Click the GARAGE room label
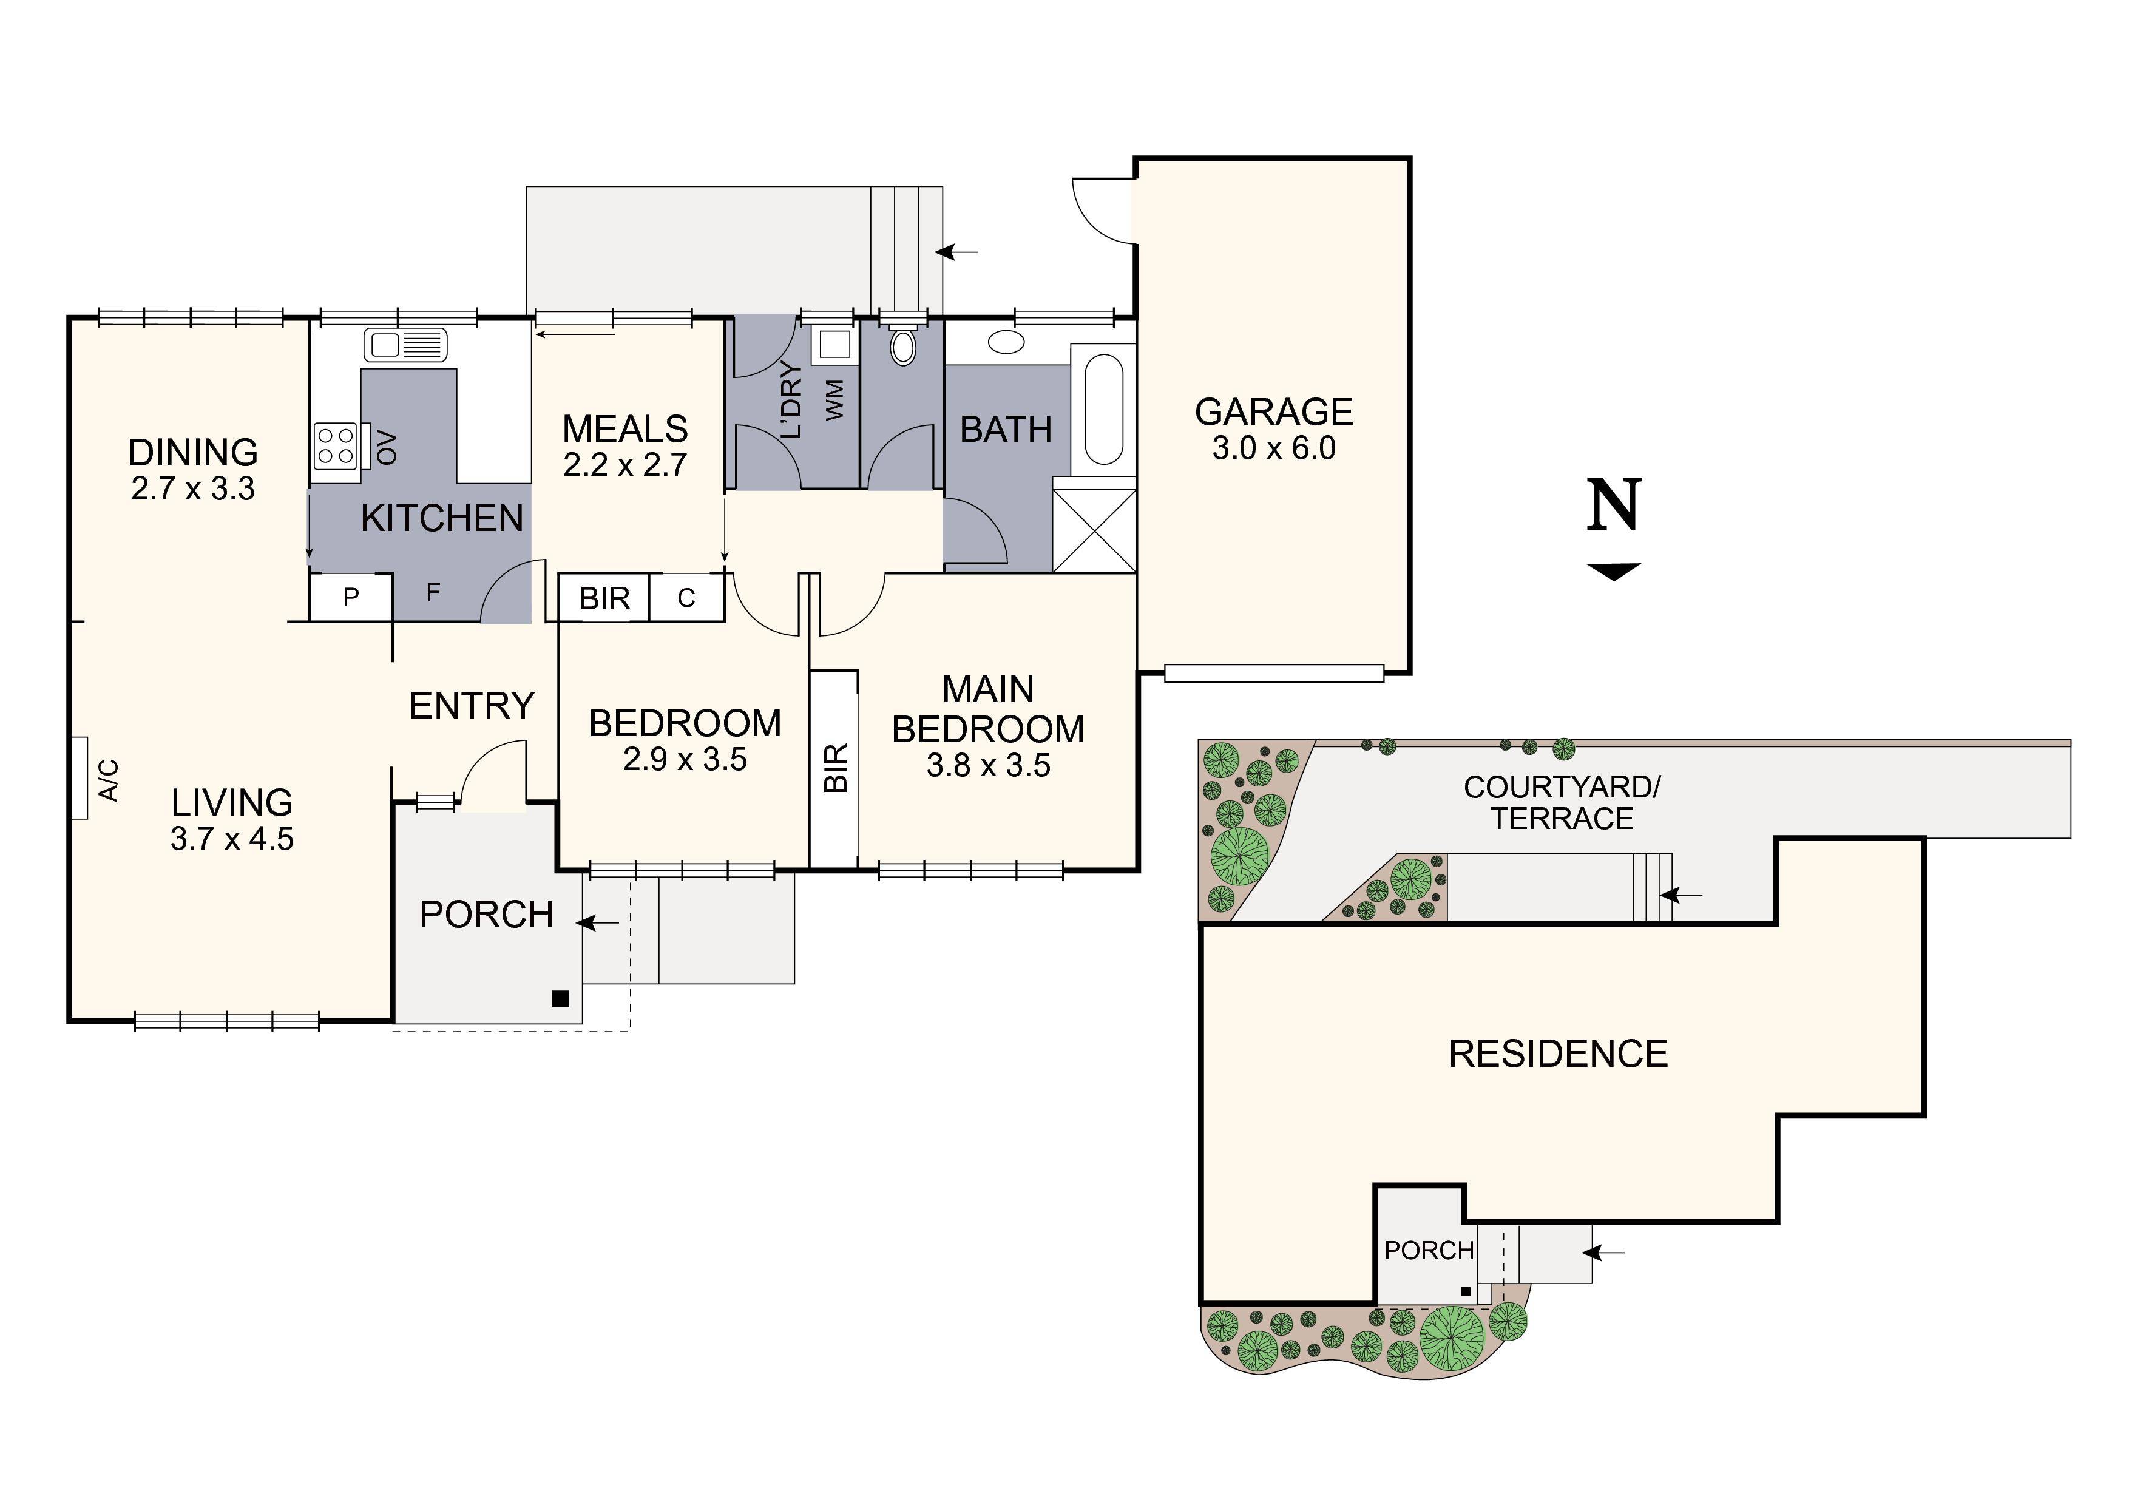pyautogui.click(x=1273, y=411)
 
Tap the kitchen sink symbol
pyautogui.click(x=405, y=345)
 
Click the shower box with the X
pyautogui.click(x=1094, y=530)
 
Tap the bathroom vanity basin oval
pyautogui.click(x=1006, y=342)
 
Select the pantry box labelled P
pyautogui.click(x=351, y=597)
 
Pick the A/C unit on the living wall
pyautogui.click(x=81, y=778)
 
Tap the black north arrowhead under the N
pyautogui.click(x=1614, y=571)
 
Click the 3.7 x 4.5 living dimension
pyautogui.click(x=232, y=839)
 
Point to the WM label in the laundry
pyautogui.click(x=834, y=400)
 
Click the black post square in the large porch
pyautogui.click(x=560, y=999)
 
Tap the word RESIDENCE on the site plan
pyautogui.click(x=1558, y=1054)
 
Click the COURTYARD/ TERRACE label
pyautogui.click(x=1562, y=803)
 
